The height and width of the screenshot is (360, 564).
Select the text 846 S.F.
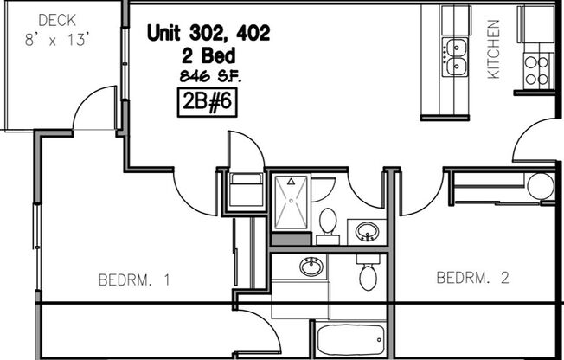click(x=208, y=76)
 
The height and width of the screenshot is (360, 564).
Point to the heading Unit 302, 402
click(x=208, y=34)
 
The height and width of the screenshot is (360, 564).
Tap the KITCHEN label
click(x=494, y=50)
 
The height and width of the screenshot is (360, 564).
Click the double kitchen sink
click(x=455, y=55)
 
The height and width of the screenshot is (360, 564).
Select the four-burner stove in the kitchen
click(x=537, y=68)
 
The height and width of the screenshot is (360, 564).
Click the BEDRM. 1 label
click(x=134, y=280)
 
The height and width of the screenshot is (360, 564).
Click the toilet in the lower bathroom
click(x=367, y=274)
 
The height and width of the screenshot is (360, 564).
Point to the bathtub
click(x=349, y=340)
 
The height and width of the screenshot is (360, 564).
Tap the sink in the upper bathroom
click(x=368, y=232)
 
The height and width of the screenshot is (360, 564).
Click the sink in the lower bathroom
click(x=311, y=267)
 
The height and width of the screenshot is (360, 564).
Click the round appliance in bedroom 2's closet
click(x=540, y=186)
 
